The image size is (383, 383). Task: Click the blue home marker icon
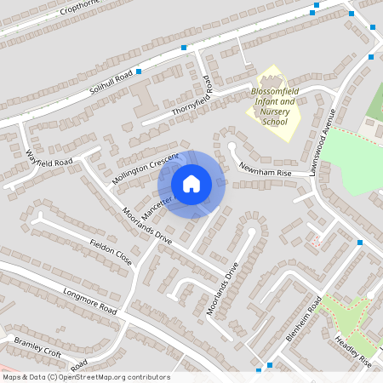point(191,184)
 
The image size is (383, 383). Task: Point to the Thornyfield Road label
point(192,99)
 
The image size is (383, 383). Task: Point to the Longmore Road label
point(89,300)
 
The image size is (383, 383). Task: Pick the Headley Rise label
point(352,351)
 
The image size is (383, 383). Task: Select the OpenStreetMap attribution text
point(86,377)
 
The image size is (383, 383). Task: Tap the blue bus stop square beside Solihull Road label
point(138,68)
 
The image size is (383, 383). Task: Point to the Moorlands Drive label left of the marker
point(146,226)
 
